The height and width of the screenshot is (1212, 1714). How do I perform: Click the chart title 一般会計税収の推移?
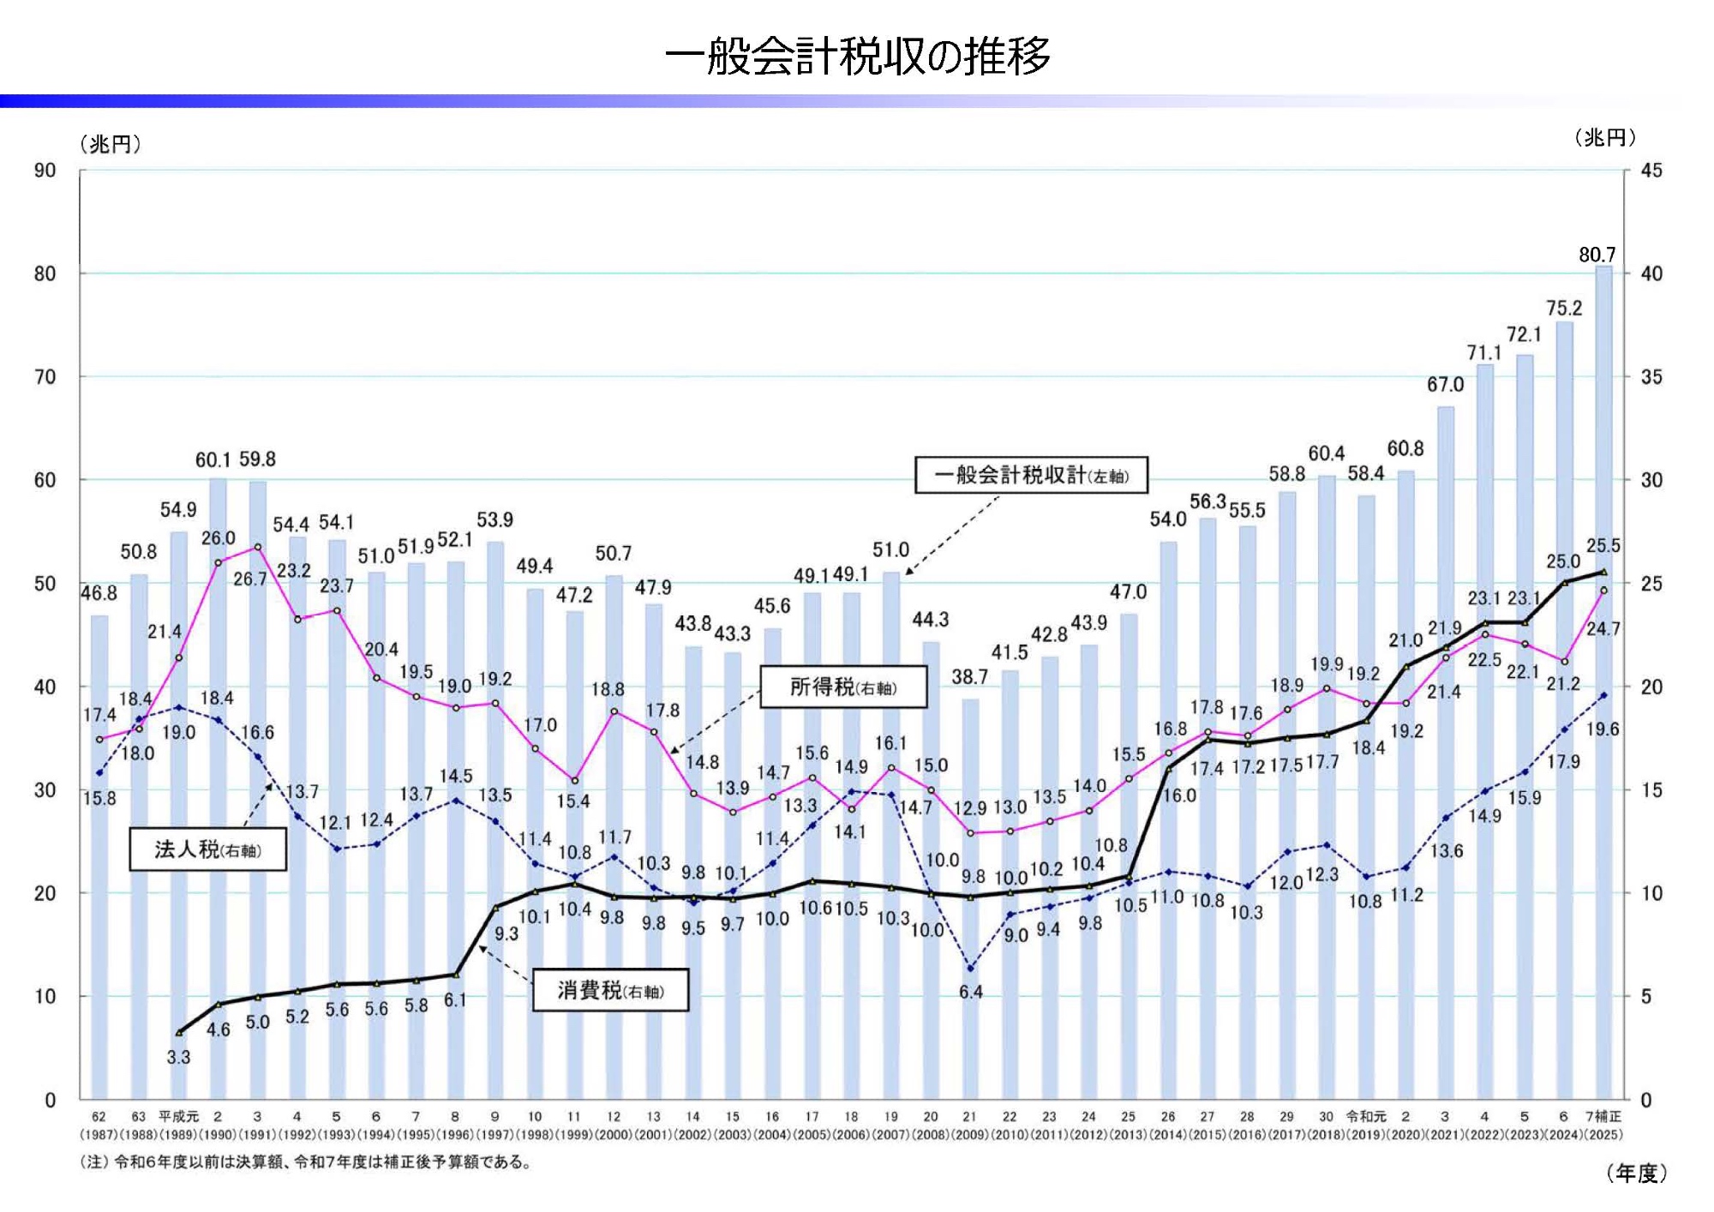(857, 57)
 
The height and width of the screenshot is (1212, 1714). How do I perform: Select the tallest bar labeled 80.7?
(1603, 686)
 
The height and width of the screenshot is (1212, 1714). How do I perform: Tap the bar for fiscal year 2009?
(970, 900)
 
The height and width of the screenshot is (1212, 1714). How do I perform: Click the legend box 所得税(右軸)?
(843, 687)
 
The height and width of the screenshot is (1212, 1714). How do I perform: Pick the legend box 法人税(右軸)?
(207, 849)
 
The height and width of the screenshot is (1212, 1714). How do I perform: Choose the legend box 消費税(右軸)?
(610, 991)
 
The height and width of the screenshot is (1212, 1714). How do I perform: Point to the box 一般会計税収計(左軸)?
(1031, 476)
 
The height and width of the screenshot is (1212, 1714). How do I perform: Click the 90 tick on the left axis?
(45, 171)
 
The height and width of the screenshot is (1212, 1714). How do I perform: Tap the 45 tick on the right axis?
(1651, 171)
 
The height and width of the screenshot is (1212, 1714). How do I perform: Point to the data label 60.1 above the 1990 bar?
(213, 460)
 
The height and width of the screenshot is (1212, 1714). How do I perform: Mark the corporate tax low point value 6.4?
(970, 993)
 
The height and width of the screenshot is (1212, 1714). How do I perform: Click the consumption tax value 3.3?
(178, 1058)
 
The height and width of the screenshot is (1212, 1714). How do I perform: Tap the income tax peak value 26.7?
(249, 579)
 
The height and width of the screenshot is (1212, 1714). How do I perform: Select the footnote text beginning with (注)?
(306, 1162)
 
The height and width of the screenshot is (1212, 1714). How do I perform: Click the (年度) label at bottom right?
(1636, 1173)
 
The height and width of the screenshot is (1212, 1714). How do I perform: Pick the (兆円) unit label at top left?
(111, 144)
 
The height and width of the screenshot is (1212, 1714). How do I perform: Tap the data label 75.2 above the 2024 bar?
(1564, 309)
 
